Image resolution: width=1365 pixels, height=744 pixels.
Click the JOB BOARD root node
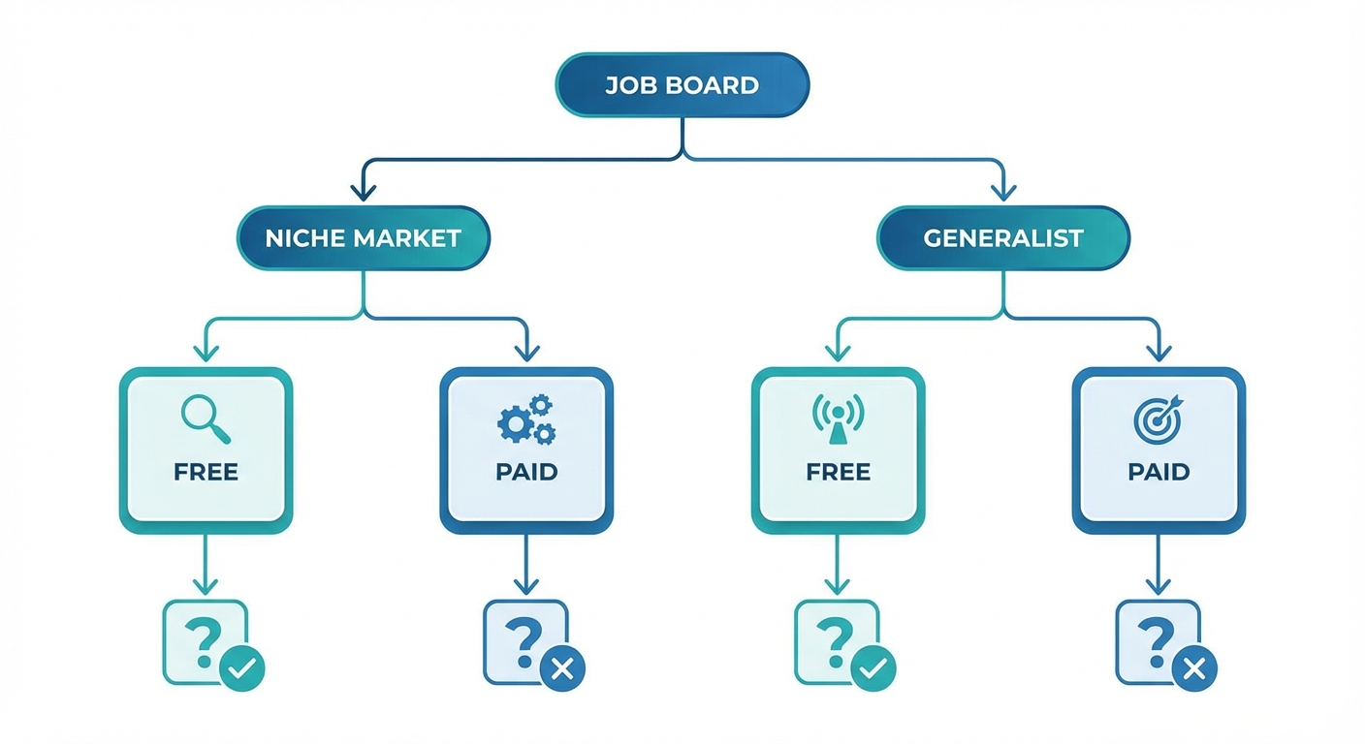click(682, 85)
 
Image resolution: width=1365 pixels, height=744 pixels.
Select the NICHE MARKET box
click(364, 237)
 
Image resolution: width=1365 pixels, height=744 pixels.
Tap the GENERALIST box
click(1002, 237)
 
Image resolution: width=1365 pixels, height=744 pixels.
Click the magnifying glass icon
click(206, 418)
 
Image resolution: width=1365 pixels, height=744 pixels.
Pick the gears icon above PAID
click(526, 419)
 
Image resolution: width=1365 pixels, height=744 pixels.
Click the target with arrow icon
click(1159, 418)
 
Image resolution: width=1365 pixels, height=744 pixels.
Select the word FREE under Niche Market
click(206, 473)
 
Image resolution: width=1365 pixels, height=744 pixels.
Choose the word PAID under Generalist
click(1159, 473)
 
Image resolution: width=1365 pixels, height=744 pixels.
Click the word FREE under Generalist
click(838, 473)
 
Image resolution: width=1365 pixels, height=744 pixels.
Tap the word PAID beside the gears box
click(526, 473)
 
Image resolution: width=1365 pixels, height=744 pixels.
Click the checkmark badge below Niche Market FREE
click(241, 667)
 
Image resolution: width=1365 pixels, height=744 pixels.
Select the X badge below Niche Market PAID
click(562, 667)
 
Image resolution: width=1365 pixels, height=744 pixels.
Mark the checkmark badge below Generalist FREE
click(873, 667)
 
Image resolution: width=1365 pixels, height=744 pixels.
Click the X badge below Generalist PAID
click(1194, 667)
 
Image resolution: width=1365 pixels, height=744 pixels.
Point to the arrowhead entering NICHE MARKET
click(364, 193)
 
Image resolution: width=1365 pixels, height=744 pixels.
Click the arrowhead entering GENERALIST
click(1002, 193)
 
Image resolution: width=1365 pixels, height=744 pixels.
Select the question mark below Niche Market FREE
click(201, 639)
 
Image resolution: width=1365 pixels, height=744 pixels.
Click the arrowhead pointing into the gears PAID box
click(526, 354)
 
